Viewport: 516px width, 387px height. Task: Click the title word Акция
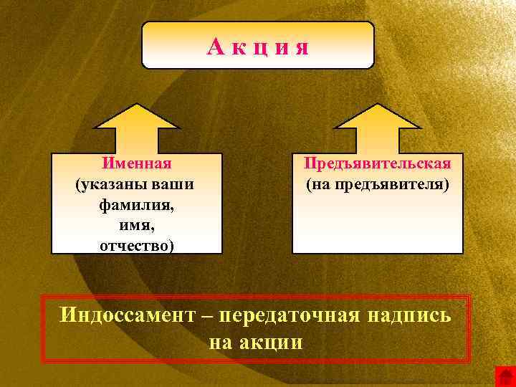tap(258, 47)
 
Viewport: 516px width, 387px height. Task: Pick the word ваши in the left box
tap(173, 185)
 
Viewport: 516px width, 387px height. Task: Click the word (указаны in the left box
tap(112, 185)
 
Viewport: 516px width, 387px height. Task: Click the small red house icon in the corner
tap(505, 376)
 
